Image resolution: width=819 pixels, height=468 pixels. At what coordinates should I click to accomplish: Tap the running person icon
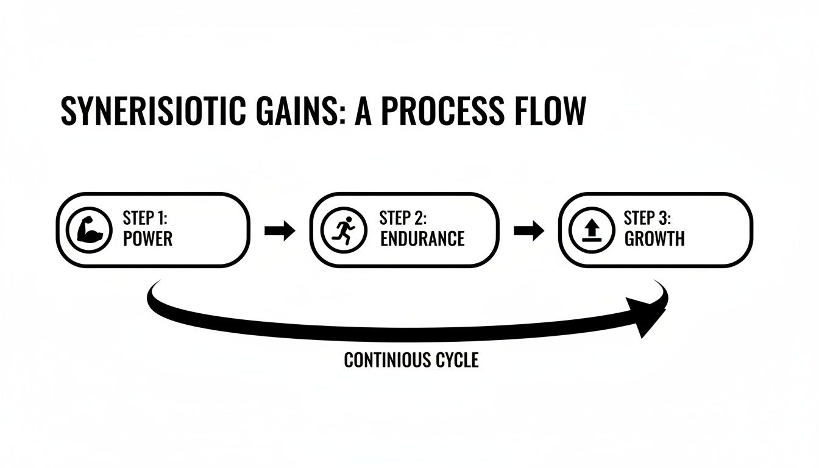click(344, 230)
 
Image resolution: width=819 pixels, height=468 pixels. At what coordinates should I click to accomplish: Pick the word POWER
click(147, 238)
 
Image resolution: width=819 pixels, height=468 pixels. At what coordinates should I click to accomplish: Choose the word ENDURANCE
click(422, 238)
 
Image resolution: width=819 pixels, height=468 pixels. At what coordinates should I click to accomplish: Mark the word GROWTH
click(654, 238)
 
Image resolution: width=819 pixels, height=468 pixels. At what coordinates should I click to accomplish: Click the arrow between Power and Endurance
click(280, 231)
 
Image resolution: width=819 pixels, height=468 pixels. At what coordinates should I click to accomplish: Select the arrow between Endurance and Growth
click(529, 231)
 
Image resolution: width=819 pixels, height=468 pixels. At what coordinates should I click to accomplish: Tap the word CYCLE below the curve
click(456, 360)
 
